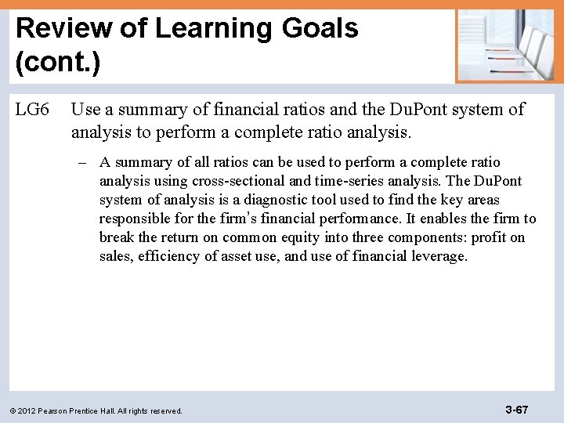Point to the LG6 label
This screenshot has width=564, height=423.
33,110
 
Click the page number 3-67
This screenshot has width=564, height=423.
516,409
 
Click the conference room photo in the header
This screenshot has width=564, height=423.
505,45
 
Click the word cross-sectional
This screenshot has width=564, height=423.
240,181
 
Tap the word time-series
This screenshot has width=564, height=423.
354,181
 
